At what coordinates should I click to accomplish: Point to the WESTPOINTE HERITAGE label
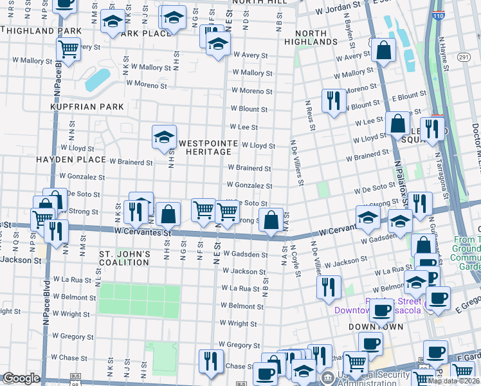[204, 147]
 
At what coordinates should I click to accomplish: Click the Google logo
[21, 378]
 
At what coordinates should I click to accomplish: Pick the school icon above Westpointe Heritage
[164, 136]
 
